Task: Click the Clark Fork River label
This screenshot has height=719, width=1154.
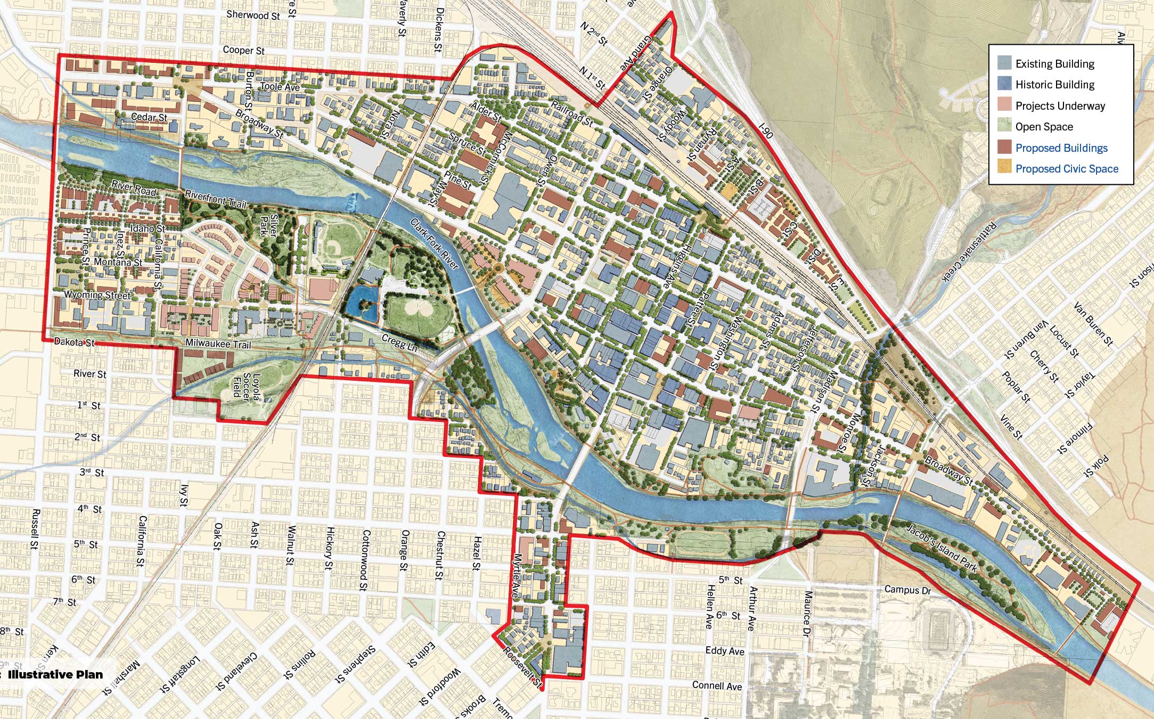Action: tap(434, 243)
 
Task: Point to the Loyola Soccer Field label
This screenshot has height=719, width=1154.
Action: tap(246, 386)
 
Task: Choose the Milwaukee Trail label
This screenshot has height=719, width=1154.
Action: tap(218, 344)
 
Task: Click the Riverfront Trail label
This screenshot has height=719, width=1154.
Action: tap(216, 199)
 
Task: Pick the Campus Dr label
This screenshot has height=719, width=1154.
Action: tap(907, 590)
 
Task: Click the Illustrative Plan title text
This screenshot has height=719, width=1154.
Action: tap(55, 674)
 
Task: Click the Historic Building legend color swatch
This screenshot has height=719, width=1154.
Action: tap(1004, 84)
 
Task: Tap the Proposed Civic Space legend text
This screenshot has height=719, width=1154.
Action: tap(1067, 169)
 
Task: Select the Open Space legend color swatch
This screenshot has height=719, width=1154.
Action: tap(1004, 126)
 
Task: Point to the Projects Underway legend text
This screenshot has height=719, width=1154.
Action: tap(1060, 105)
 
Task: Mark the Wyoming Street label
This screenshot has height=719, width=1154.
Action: tap(97, 295)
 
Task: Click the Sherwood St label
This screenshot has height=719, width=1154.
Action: tap(253, 15)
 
